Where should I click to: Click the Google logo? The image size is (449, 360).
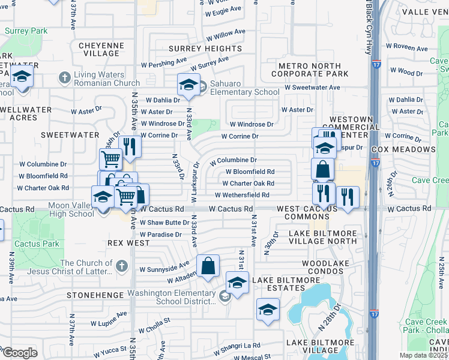point(19,353)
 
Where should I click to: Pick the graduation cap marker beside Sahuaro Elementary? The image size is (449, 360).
point(188,85)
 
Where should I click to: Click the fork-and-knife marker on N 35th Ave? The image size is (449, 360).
point(130,145)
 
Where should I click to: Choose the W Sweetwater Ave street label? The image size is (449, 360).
point(312,88)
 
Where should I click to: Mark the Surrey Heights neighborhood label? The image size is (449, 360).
point(205,49)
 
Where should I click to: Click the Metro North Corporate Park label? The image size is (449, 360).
point(310,70)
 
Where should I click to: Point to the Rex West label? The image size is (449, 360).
point(128,243)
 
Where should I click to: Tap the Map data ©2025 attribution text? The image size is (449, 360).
point(423,355)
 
